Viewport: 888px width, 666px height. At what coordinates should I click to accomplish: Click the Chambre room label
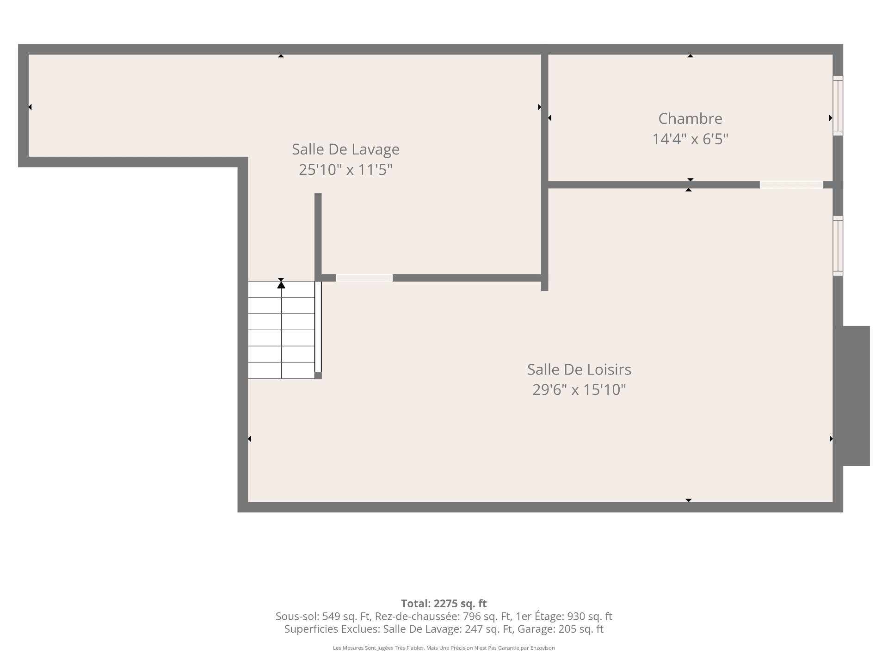[x=690, y=118]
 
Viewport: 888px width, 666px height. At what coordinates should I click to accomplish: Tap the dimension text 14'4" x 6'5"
[x=690, y=139]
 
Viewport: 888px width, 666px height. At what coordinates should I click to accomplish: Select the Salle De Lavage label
[x=345, y=149]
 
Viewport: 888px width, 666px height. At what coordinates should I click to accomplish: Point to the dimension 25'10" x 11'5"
[x=345, y=170]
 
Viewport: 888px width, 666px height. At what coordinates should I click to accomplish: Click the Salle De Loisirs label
[x=579, y=369]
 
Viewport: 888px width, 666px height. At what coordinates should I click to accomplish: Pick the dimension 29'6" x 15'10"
[x=579, y=389]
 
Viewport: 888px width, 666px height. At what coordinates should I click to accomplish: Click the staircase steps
[x=281, y=330]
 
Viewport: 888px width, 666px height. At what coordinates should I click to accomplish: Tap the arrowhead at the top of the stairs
[x=281, y=284]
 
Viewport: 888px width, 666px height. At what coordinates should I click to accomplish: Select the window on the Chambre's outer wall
[x=838, y=105]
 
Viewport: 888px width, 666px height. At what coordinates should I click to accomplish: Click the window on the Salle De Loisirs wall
[x=838, y=246]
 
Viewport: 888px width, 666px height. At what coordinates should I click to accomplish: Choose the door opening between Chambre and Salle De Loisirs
[x=791, y=185]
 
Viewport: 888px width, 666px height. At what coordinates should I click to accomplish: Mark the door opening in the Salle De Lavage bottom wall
[x=364, y=278]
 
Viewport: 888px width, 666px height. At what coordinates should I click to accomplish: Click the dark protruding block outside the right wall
[x=856, y=396]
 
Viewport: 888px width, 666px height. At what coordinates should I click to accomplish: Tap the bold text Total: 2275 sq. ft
[x=444, y=604]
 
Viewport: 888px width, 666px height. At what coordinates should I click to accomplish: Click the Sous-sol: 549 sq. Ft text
[x=322, y=617]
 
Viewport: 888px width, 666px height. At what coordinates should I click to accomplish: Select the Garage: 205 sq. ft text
[x=561, y=629]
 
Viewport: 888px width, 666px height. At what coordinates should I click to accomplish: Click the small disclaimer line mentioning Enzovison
[x=444, y=648]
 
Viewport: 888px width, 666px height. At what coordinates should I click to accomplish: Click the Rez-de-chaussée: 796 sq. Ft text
[x=443, y=617]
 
